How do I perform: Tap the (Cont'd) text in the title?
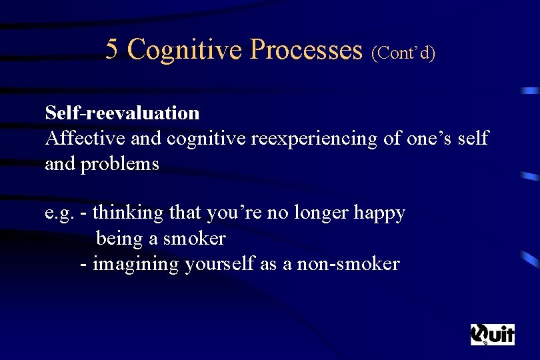click(403, 52)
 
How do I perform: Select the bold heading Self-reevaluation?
click(122, 113)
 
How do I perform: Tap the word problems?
click(119, 164)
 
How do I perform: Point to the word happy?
click(379, 213)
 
